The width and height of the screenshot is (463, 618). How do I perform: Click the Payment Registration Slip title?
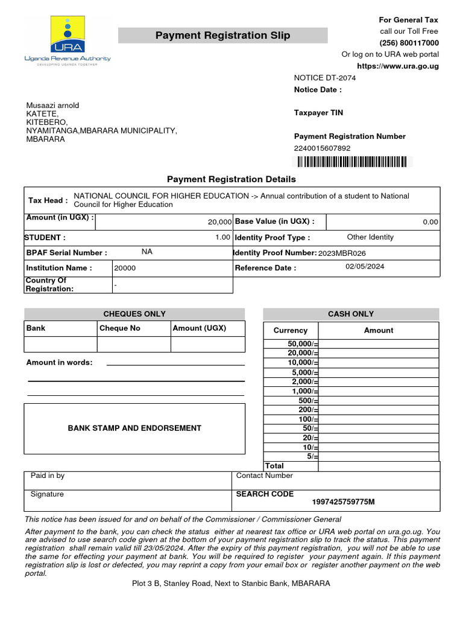pyautogui.click(x=222, y=36)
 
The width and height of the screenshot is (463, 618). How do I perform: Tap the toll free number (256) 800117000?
pyautogui.click(x=409, y=43)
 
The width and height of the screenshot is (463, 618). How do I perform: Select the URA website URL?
pyautogui.click(x=398, y=66)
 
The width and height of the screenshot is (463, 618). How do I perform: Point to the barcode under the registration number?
pyautogui.click(x=350, y=161)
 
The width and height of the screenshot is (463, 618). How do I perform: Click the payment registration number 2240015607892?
pyautogui.click(x=322, y=148)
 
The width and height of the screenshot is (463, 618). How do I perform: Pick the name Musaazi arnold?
pyautogui.click(x=52, y=106)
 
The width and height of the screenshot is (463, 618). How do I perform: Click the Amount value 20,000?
pyautogui.click(x=219, y=222)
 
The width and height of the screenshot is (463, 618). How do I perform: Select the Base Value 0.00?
pyautogui.click(x=430, y=222)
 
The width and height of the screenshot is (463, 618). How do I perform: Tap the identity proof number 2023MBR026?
pyautogui.click(x=342, y=253)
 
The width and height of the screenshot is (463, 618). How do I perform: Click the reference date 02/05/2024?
pyautogui.click(x=365, y=266)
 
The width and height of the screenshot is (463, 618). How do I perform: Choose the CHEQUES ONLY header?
pyautogui.click(x=134, y=314)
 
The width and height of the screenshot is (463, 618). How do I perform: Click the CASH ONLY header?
pyautogui.click(x=351, y=314)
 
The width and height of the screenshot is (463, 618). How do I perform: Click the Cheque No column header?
pyautogui.click(x=119, y=328)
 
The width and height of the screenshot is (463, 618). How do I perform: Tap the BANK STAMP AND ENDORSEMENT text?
pyautogui.click(x=134, y=428)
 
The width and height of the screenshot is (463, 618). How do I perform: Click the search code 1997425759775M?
pyautogui.click(x=343, y=502)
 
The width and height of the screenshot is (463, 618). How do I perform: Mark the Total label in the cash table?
pyautogui.click(x=274, y=466)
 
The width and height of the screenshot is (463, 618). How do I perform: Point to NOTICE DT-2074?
pyautogui.click(x=325, y=78)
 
